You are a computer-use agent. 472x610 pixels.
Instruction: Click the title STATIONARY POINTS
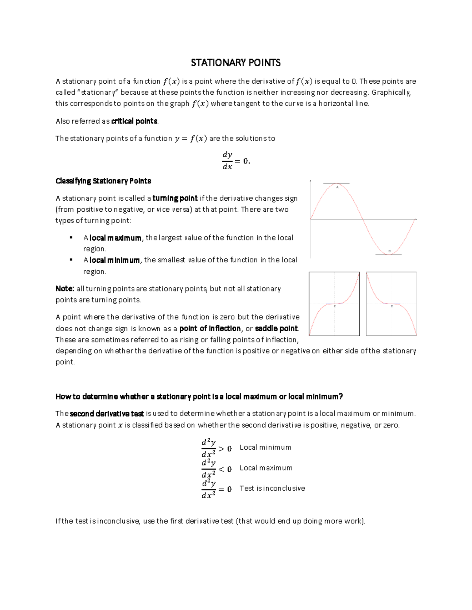coord(236,63)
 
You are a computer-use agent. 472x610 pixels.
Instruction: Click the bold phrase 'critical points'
coord(134,121)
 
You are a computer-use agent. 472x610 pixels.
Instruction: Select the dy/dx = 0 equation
coord(236,161)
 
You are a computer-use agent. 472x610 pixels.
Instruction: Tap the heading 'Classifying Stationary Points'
coord(103,181)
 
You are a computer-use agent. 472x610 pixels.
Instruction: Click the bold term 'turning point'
coord(175,198)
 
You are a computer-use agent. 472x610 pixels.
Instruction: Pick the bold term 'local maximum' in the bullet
coord(115,238)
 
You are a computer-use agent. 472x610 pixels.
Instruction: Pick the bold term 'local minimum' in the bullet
coord(114,260)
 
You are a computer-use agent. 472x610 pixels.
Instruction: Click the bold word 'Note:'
coord(65,289)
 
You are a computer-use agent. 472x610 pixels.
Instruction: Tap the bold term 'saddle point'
coord(277,328)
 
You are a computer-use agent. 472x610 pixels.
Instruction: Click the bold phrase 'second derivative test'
coord(107,414)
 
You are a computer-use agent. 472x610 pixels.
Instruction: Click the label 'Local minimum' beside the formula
coord(265,447)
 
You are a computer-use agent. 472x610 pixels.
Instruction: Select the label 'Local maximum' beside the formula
coord(266,468)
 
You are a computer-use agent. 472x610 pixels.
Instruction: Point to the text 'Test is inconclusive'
coord(272,488)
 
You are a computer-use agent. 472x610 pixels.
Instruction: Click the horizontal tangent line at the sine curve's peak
coord(336,183)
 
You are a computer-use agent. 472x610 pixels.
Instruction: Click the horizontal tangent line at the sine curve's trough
coord(389,255)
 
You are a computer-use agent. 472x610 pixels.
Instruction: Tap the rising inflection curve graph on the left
coord(334,304)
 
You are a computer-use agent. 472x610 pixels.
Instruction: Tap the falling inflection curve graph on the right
coord(391,304)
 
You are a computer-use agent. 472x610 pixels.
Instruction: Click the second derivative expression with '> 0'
coord(216,448)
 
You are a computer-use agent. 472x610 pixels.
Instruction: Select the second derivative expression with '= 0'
coord(216,489)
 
